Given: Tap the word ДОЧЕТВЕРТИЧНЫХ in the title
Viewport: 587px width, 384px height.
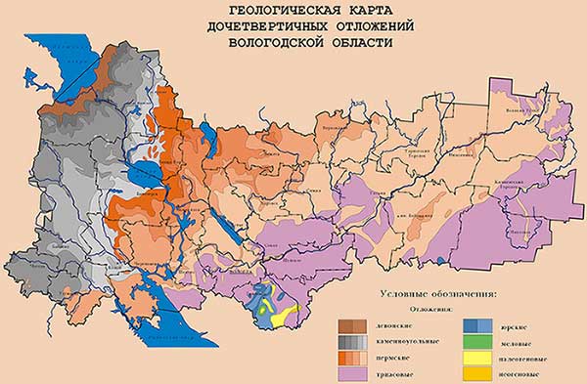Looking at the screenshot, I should click(257, 26).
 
